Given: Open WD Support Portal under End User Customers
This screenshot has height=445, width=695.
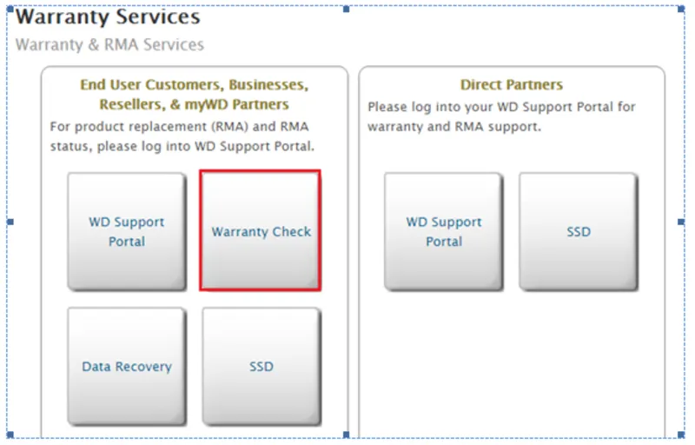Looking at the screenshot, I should (127, 232).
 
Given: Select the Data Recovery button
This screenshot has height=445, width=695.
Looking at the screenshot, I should (127, 367).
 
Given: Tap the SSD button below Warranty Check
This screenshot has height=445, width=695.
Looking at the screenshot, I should (261, 367).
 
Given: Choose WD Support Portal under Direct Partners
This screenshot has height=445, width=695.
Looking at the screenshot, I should (444, 232).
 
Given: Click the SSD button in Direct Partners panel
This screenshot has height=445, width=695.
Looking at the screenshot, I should (578, 232).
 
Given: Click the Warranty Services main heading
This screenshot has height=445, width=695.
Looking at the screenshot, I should (108, 17).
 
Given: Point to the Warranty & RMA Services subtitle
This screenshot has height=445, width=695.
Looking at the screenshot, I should (109, 44).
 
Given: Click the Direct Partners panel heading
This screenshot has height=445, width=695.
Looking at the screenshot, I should (511, 85).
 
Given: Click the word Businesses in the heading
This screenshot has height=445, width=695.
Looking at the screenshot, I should (269, 85).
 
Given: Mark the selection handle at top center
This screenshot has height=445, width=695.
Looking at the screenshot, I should (346, 9).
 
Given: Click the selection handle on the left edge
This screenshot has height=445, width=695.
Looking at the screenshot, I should (10, 222).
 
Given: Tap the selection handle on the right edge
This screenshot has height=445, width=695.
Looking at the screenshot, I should (680, 222).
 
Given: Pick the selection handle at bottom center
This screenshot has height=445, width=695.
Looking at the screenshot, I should (346, 435).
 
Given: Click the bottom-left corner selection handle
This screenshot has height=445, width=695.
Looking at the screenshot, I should (10, 435).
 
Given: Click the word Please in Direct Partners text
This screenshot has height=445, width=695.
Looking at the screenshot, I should (387, 108).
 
